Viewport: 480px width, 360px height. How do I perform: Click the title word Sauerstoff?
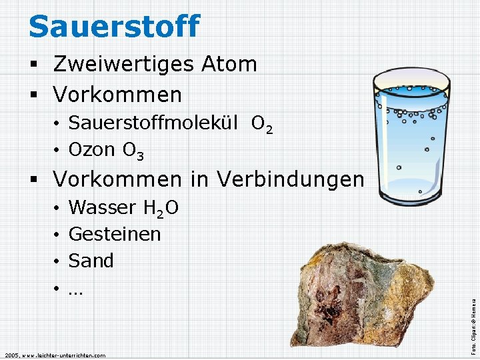[x=114, y=26]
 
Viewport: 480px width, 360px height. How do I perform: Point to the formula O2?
[x=261, y=124]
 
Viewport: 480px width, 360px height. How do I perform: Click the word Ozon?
[x=92, y=149]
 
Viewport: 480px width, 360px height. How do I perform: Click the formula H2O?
[x=161, y=209]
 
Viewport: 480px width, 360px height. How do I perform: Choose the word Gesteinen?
[x=115, y=234]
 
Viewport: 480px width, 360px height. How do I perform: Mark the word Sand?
[x=91, y=260]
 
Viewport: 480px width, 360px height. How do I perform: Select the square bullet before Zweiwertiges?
[x=33, y=65]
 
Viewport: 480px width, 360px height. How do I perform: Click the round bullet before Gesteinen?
[x=58, y=235]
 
